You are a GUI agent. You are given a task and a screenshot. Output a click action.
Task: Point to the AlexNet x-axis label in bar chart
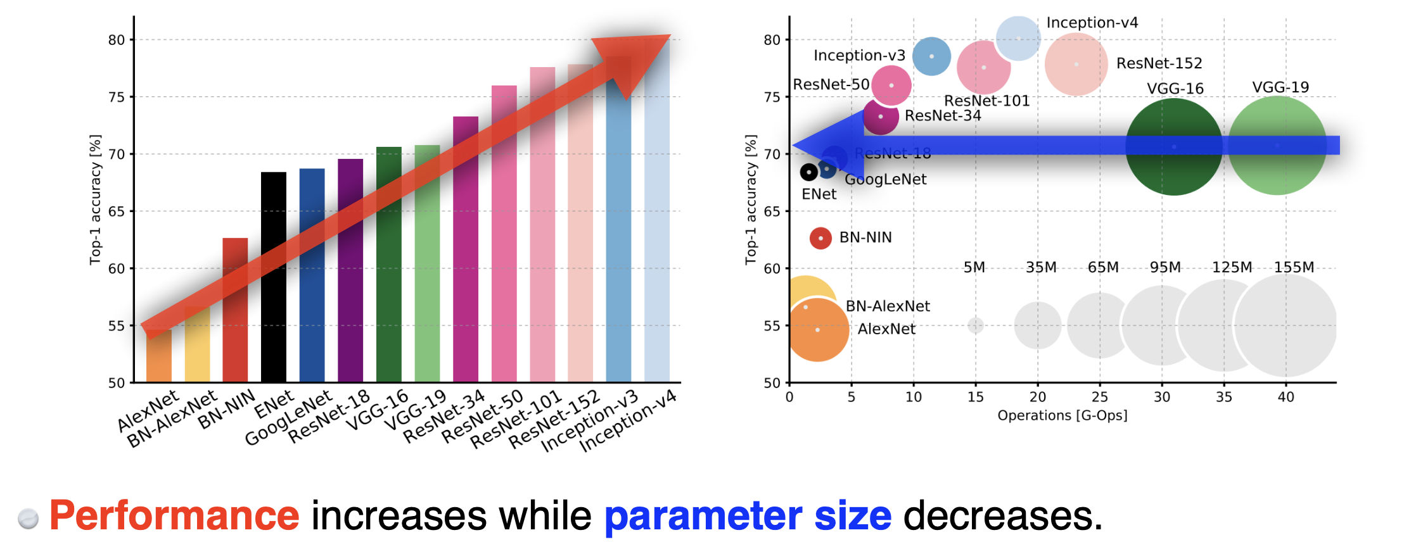point(148,412)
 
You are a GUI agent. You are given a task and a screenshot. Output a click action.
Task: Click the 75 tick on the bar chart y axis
point(117,97)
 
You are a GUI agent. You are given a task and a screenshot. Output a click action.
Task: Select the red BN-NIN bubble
point(820,238)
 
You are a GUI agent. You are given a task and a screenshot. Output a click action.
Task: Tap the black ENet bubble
point(808,172)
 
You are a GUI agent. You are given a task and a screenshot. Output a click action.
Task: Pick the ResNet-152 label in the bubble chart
point(1159,63)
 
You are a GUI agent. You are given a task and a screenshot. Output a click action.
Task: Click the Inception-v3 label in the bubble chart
point(859,56)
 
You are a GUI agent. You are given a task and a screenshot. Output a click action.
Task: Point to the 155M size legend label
point(1294,267)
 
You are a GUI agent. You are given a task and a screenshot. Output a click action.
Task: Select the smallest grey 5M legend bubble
point(976,325)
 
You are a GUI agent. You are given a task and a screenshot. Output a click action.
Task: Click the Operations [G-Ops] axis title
point(1062,415)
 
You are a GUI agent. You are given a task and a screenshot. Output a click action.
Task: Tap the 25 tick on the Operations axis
point(1099,397)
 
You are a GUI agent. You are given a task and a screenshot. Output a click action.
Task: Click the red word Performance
point(174,515)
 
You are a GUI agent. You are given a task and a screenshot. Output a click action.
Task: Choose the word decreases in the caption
point(1002,515)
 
